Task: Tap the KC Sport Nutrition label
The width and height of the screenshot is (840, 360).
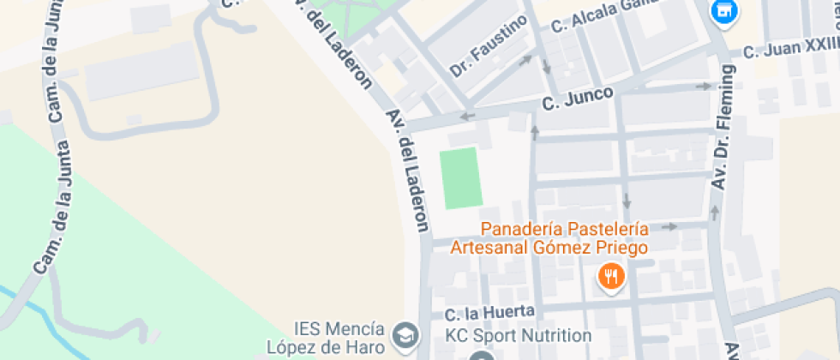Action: click(x=518, y=335)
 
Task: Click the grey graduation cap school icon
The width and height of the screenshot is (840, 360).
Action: click(x=404, y=333)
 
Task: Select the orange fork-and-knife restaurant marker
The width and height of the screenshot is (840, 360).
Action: click(x=611, y=276)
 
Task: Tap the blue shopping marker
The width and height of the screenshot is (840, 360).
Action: click(x=725, y=11)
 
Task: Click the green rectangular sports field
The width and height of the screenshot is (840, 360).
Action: click(x=460, y=178)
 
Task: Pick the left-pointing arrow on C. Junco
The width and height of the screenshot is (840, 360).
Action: click(x=467, y=116)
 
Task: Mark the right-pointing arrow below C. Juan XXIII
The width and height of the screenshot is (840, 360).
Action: click(x=704, y=86)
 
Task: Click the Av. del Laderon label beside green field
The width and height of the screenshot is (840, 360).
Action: click(x=408, y=171)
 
